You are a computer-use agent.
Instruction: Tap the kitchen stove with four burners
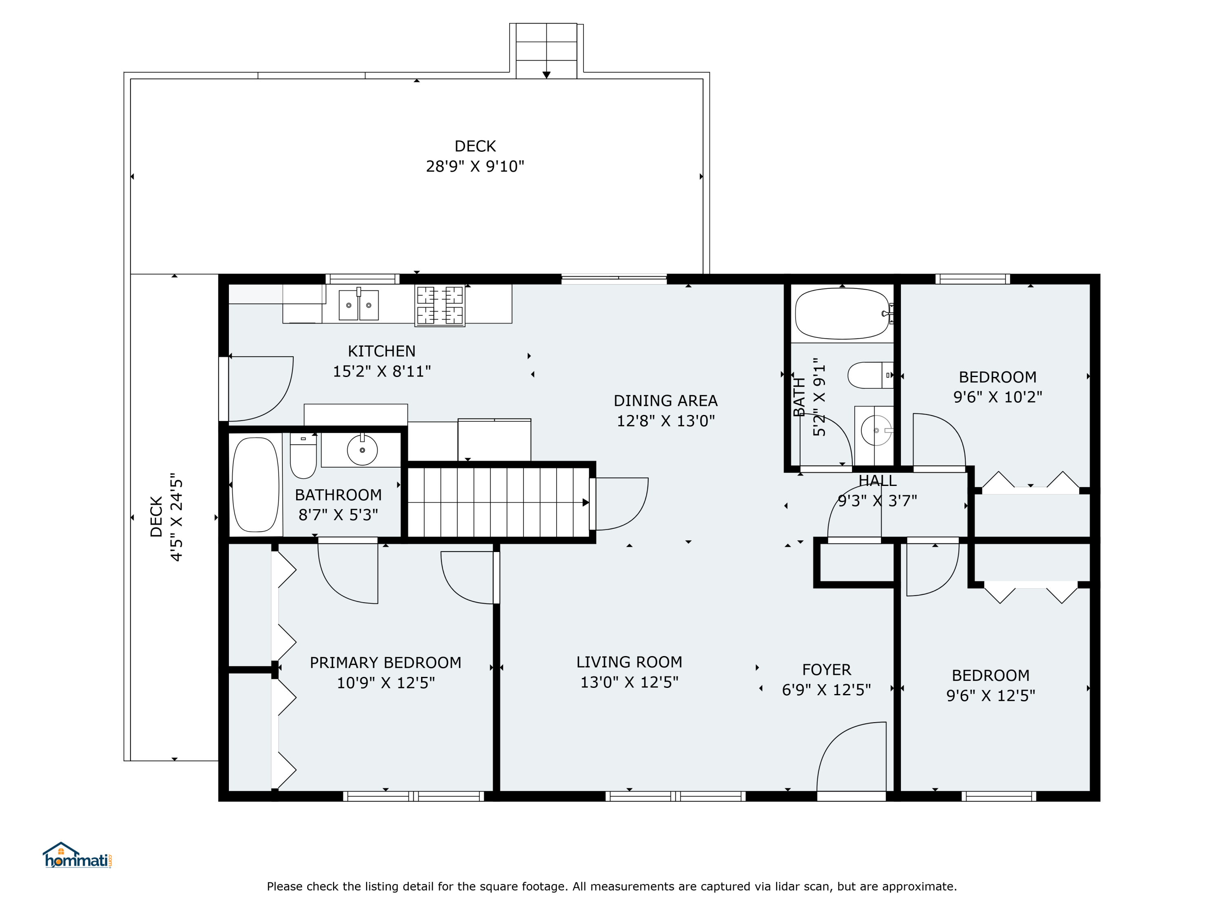[x=440, y=306]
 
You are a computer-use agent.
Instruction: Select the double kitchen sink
[x=359, y=305]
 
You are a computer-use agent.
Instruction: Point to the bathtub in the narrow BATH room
[x=842, y=314]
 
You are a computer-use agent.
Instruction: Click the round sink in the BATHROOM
[x=362, y=450]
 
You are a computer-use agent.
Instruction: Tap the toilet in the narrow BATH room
[x=870, y=375]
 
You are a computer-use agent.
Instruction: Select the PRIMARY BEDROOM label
[x=385, y=662]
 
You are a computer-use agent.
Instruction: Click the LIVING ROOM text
[x=629, y=662]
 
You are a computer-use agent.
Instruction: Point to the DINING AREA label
[x=666, y=401]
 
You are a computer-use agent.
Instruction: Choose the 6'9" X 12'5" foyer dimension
[x=826, y=690]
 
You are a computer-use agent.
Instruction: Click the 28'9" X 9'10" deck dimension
[x=475, y=166]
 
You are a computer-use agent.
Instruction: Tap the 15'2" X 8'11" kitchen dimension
[x=382, y=371]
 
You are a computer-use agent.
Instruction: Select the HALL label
[x=878, y=480]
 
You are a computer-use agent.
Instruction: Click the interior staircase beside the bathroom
[x=498, y=502]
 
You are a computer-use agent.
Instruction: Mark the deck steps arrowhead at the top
[x=546, y=75]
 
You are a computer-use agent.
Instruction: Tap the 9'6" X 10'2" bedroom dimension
[x=997, y=397]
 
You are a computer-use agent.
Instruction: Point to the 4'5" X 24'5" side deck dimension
[x=176, y=517]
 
